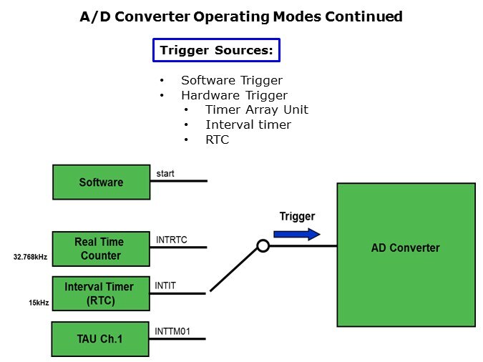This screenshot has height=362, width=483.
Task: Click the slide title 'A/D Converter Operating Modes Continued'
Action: pos(241,16)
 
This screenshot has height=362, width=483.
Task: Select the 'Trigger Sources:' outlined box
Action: pos(215,50)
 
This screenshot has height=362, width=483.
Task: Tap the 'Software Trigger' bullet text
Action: pos(231,80)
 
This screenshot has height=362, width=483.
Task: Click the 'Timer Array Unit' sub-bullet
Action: pos(256,109)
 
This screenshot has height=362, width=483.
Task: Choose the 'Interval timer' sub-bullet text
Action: pos(248,124)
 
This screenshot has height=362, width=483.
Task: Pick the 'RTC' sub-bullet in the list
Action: pos(217,140)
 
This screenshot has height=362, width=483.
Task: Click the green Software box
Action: pos(101,182)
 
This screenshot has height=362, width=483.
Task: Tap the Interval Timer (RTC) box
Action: pos(99,293)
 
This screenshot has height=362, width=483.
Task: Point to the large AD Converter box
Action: pos(406,255)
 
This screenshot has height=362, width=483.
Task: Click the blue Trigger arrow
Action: pos(296,234)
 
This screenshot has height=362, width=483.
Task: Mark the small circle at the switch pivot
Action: pos(263,246)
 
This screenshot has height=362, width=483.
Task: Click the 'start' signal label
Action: pos(165,174)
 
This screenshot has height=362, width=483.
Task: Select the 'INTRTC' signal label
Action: pos(171,240)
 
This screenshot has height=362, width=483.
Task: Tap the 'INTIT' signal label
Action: pos(165,285)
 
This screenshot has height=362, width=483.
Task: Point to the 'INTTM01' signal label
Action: pos(172,331)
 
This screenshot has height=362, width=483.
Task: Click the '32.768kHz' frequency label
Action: pos(31,257)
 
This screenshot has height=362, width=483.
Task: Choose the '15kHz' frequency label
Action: pos(39,303)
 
